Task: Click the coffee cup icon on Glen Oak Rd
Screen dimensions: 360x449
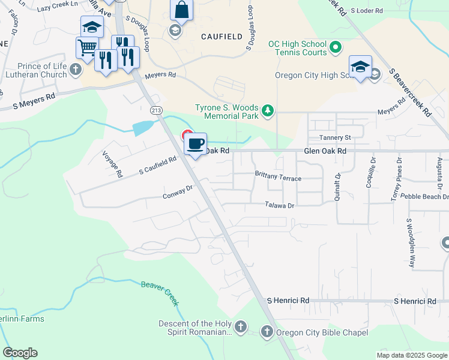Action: (195, 144)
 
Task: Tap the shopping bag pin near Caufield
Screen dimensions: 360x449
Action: (181, 10)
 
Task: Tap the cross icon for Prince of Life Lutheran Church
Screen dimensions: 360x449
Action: (75, 70)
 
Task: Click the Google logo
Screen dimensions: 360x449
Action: (20, 353)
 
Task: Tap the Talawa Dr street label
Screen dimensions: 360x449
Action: (280, 205)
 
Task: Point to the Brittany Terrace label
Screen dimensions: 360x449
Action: (278, 178)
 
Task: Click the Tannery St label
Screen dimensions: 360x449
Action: (335, 137)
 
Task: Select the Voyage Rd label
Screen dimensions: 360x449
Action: (112, 164)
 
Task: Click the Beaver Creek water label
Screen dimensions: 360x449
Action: (160, 293)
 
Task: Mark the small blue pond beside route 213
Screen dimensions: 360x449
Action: (142, 127)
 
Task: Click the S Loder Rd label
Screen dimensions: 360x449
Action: (366, 11)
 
